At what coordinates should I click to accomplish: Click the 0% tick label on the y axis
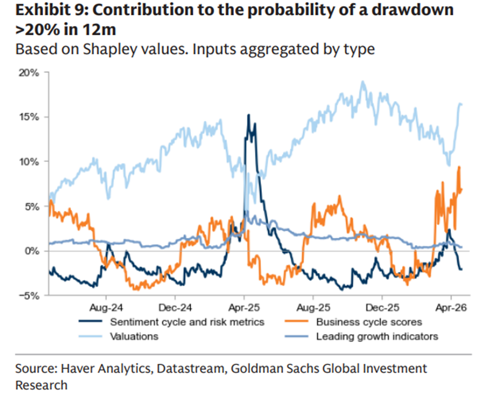32,251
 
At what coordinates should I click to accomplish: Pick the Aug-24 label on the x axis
106,308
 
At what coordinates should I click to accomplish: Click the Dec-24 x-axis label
174,308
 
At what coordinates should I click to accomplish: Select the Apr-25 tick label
244,308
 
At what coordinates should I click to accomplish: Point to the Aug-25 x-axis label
313,308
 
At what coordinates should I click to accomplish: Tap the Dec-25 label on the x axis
381,308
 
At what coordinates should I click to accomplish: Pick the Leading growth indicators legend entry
377,336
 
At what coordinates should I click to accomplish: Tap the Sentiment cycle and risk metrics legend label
187,322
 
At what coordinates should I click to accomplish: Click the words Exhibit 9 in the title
45,11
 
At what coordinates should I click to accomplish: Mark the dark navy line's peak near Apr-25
249,115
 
